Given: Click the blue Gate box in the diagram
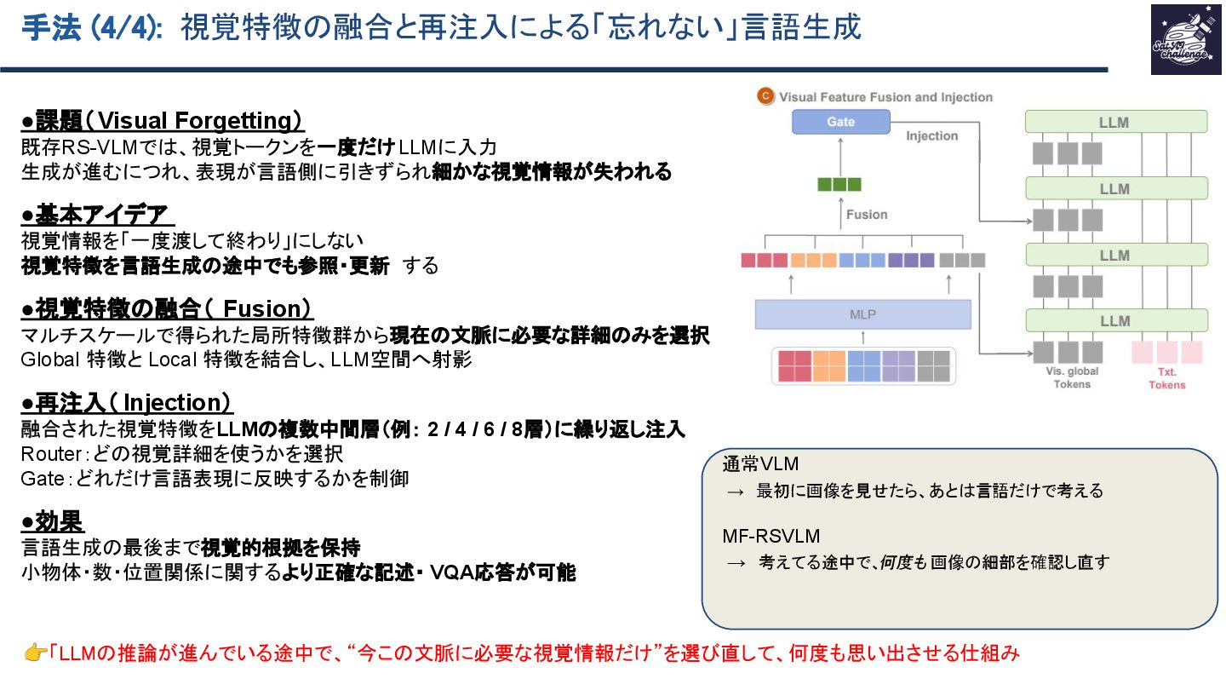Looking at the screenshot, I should coord(840,122).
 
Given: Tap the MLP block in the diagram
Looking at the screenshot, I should coord(862,314).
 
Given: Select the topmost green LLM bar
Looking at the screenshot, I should coord(1116,122).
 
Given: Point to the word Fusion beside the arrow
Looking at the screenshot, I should coord(867,215).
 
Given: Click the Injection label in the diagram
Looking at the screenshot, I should coord(931,136).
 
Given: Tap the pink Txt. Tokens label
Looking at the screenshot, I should coord(1166,379).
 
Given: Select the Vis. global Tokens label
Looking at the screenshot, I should coord(1072,377).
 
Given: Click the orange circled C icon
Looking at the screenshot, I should coord(765,96).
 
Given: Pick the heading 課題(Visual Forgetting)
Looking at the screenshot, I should coord(163,121).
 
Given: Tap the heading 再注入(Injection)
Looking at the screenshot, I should coord(127,403).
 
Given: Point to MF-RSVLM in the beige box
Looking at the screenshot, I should coord(771,537).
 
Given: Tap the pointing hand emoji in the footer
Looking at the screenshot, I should coord(35,653).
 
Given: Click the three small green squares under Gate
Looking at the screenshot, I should coord(839,184).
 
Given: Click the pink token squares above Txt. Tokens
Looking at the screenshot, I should coord(1166,352).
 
